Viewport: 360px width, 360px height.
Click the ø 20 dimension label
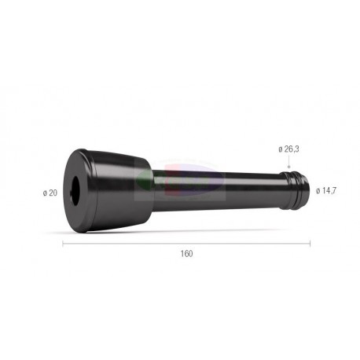coord(50,193)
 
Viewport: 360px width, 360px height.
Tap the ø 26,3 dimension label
coord(288,149)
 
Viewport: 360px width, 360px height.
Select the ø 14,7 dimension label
coord(326,191)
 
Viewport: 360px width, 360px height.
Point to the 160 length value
coord(186,254)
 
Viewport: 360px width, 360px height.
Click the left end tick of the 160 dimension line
coord(63,244)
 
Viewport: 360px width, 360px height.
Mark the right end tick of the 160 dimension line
coord(310,244)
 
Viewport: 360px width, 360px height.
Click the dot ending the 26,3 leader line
coord(288,167)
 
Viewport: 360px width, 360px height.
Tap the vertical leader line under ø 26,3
coord(288,160)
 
